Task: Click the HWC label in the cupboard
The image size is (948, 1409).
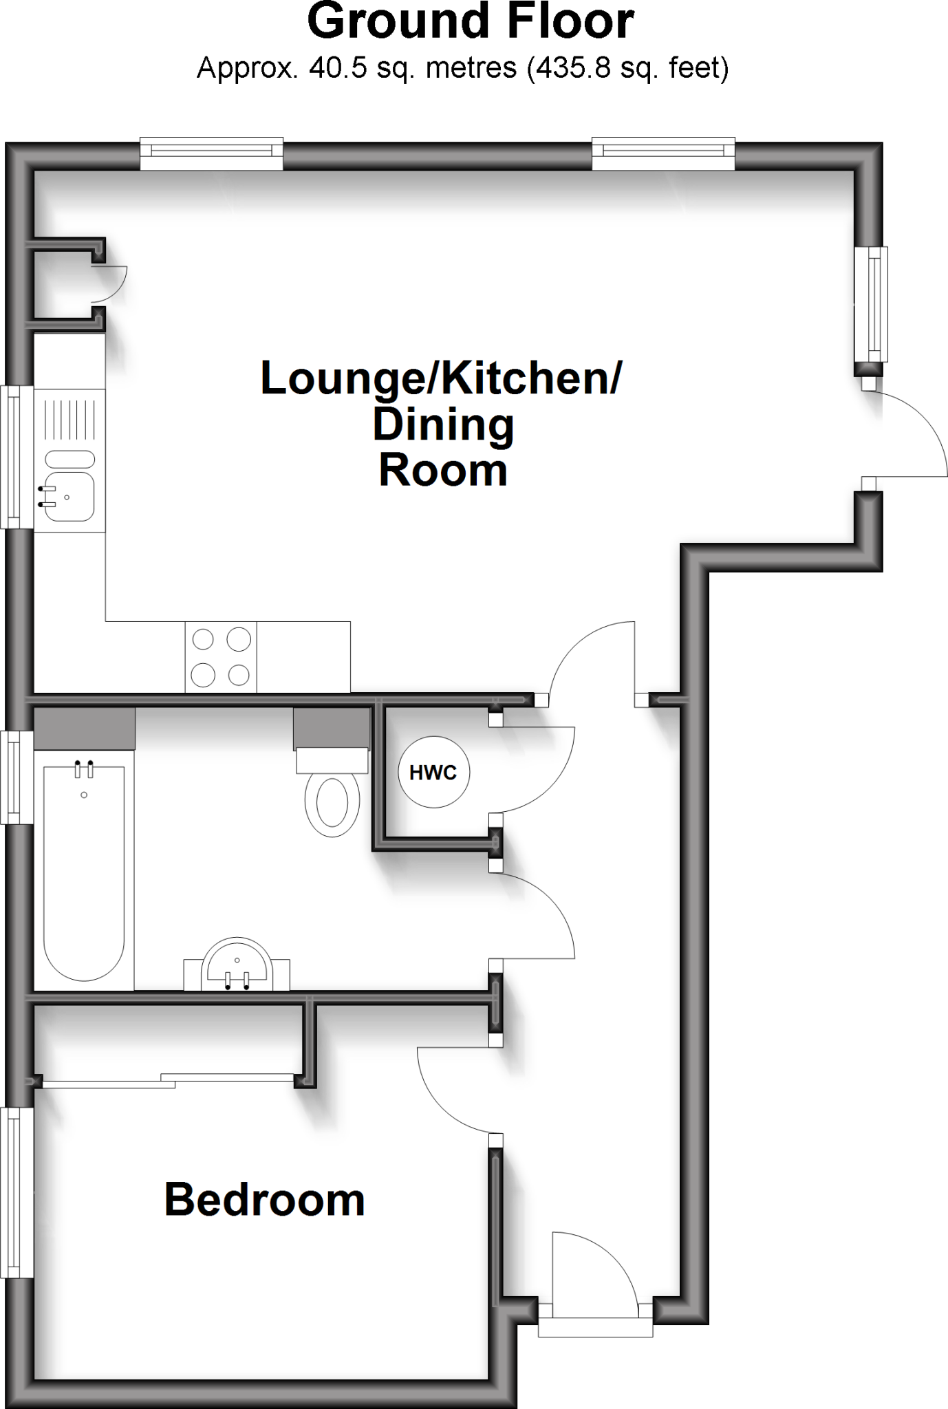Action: pyautogui.click(x=433, y=773)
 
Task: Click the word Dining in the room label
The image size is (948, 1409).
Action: pyautogui.click(x=443, y=425)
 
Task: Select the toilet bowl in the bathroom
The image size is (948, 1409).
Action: pyautogui.click(x=332, y=802)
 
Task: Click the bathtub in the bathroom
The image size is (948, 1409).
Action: pyautogui.click(x=83, y=871)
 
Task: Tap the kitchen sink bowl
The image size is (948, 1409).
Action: pyautogui.click(x=69, y=496)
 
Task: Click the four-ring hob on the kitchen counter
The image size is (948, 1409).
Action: pyautogui.click(x=220, y=657)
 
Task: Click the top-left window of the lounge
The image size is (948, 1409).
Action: pyautogui.click(x=211, y=153)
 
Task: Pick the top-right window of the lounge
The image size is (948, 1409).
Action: pyautogui.click(x=663, y=153)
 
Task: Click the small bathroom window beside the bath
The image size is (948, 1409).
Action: pyautogui.click(x=17, y=777)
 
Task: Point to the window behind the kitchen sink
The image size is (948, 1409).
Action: pyautogui.click(x=17, y=457)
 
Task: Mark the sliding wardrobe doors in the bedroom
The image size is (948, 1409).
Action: pyautogui.click(x=169, y=1080)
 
